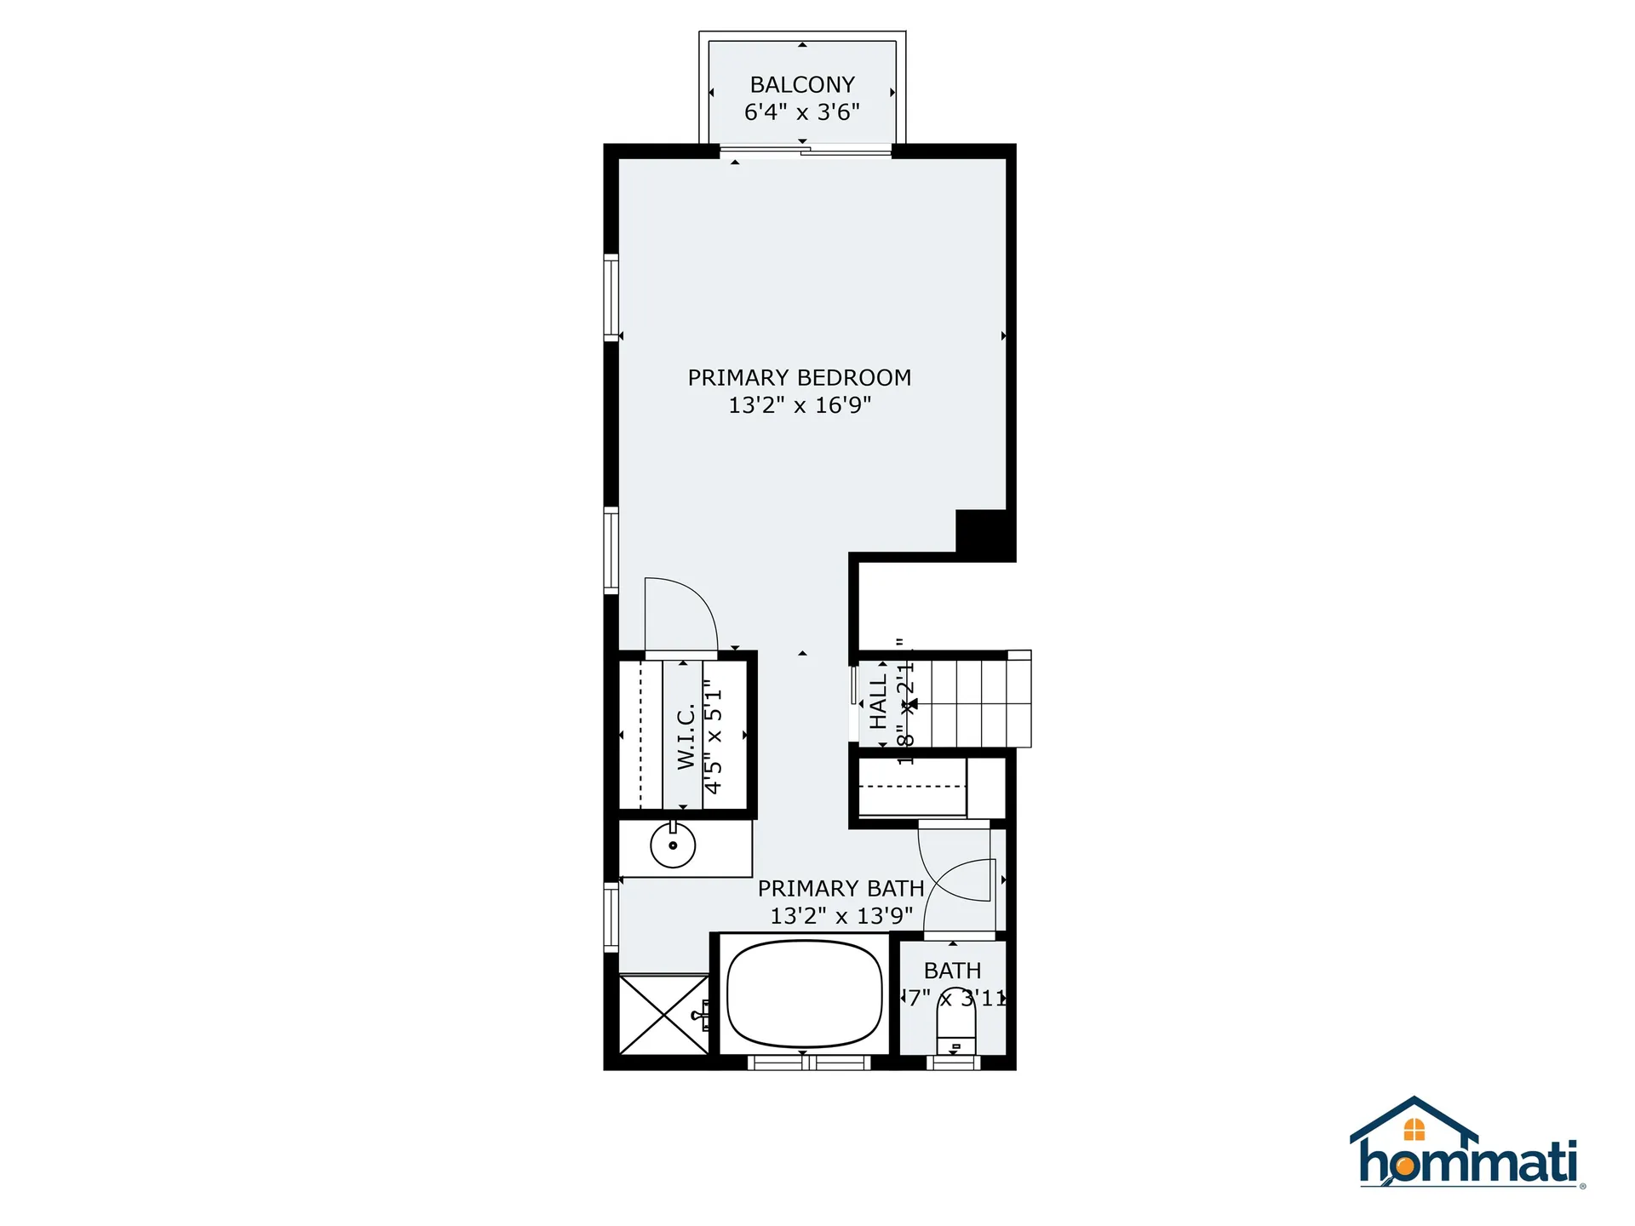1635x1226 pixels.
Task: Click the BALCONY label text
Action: [801, 85]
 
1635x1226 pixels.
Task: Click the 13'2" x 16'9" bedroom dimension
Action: [799, 405]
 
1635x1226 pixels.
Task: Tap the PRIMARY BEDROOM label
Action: [799, 377]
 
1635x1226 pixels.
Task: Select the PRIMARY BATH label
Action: [840, 889]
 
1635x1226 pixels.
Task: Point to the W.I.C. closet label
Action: [686, 737]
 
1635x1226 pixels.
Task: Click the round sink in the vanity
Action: [673, 845]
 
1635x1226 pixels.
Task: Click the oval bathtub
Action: [804, 993]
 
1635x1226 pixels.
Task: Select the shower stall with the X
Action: [663, 1015]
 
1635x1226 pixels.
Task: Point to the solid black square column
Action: [981, 533]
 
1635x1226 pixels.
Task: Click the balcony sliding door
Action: [805, 152]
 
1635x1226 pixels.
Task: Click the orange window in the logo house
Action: [1414, 1130]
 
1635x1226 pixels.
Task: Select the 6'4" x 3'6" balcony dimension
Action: [801, 112]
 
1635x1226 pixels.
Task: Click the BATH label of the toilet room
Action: [952, 971]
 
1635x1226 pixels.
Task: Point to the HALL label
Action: [878, 702]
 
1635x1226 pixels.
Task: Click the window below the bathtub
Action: [808, 1062]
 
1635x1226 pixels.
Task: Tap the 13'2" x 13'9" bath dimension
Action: [840, 916]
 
